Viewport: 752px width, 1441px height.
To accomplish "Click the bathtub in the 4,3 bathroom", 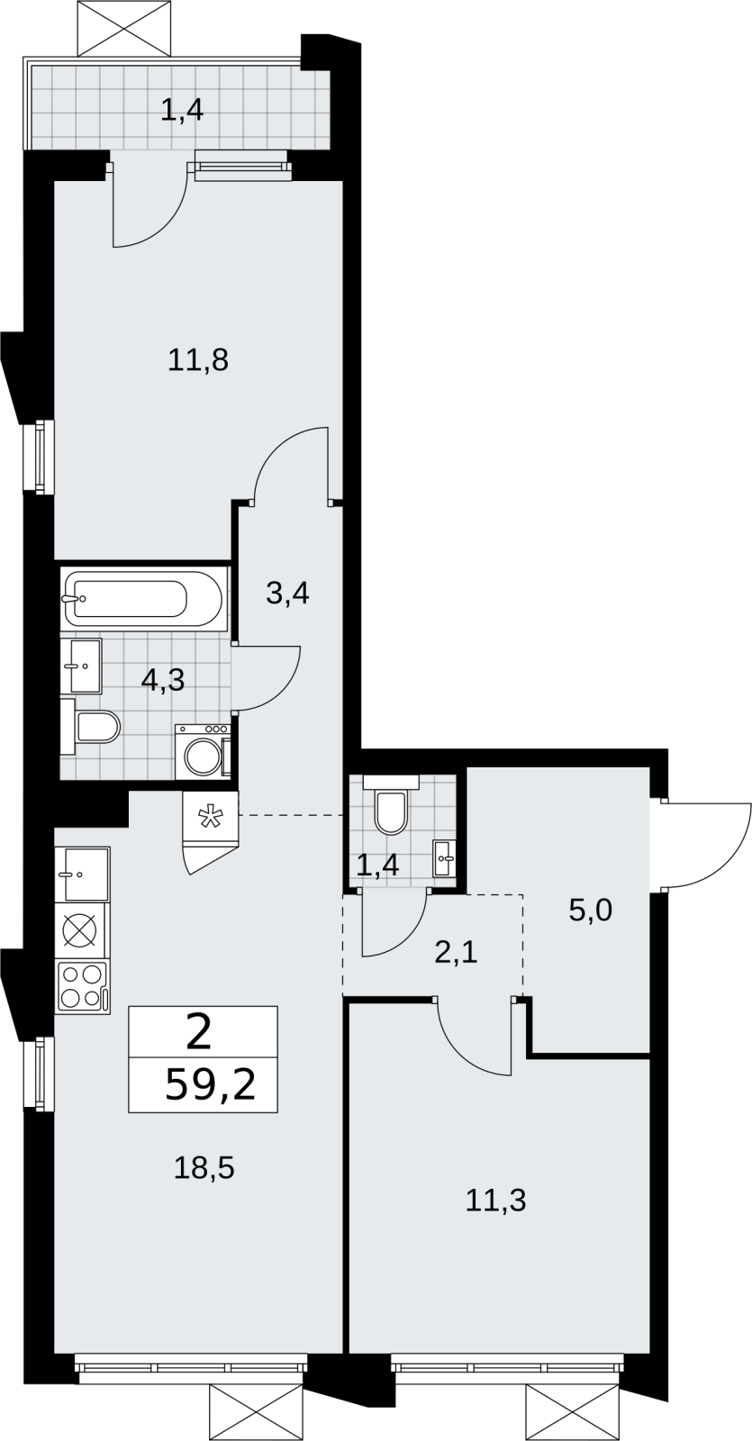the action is (144, 598).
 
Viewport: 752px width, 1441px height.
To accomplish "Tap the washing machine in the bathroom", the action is (203, 751).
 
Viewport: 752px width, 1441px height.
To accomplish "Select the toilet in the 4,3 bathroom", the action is (91, 727).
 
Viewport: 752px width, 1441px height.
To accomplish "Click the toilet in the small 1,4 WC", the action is (391, 805).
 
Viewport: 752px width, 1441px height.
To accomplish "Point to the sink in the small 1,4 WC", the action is (443, 857).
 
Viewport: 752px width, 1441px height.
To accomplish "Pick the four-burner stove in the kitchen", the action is (82, 987).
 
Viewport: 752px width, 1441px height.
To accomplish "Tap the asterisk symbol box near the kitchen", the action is (210, 817).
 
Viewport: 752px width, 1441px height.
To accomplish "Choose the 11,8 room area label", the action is (198, 360).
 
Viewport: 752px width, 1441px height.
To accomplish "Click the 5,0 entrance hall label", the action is (591, 911).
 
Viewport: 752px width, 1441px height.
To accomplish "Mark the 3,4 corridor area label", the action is (288, 594).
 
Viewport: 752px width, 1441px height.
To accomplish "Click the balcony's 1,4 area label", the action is (182, 111).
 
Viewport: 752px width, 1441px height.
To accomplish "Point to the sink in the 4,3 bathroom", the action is (81, 666).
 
